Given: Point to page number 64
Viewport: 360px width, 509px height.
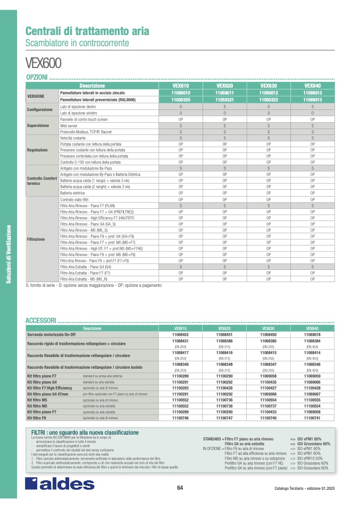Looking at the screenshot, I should coord(180,488).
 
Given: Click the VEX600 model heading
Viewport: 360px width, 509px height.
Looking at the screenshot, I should coord(44,63).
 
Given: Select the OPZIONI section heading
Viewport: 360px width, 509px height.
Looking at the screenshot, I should coord(37,78).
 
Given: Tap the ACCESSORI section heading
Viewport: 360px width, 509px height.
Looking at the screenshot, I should coord(40,321).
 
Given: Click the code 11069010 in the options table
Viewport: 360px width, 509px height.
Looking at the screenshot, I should coord(181,92).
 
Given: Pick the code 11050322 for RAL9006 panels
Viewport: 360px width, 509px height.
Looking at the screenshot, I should coord(269,99).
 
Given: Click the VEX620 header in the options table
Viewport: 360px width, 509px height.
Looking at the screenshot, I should coord(224,86).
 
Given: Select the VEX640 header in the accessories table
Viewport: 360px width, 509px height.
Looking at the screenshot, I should coord(312,329).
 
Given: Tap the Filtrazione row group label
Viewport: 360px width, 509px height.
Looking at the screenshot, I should coord(36,239).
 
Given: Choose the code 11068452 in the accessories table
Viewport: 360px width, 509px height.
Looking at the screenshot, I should coord(181,335).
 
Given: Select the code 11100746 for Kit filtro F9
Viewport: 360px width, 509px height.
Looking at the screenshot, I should coord(181,419).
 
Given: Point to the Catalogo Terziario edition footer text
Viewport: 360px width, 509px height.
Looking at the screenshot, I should coord(305,488).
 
